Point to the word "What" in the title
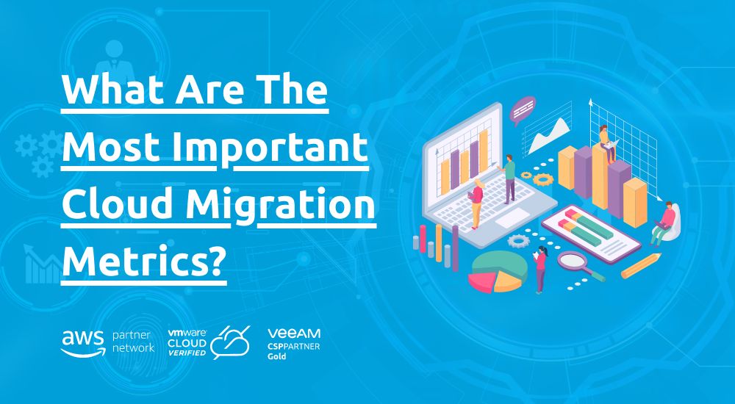click(x=116, y=90)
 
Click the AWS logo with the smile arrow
click(x=83, y=343)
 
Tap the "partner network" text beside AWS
click(x=133, y=342)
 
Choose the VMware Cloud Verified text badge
click(x=187, y=342)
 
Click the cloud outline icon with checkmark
click(x=230, y=342)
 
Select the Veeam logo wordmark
click(x=294, y=333)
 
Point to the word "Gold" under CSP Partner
click(x=276, y=356)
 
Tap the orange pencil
click(x=641, y=266)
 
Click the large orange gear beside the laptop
click(x=543, y=179)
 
